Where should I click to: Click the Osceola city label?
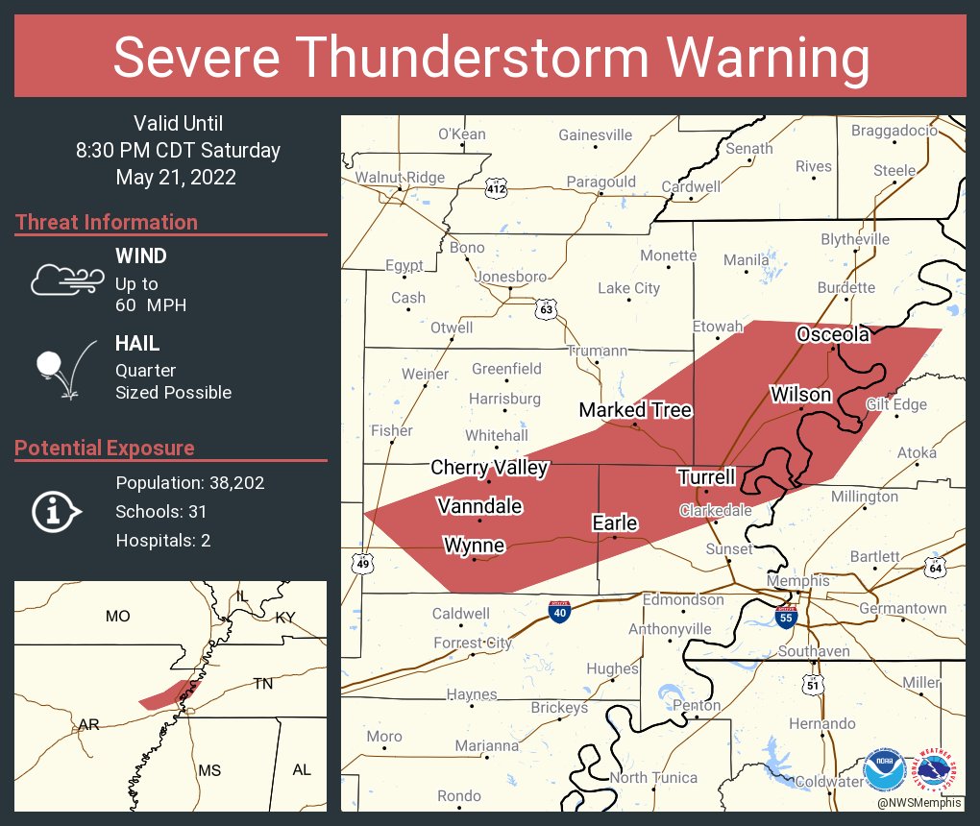(x=833, y=334)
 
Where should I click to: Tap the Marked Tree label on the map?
(x=635, y=410)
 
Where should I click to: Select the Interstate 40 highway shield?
(x=558, y=612)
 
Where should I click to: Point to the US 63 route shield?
(x=546, y=309)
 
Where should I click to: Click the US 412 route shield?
(x=496, y=189)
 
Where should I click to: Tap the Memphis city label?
(x=797, y=581)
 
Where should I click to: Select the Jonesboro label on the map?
(x=511, y=277)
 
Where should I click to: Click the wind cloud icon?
(x=65, y=279)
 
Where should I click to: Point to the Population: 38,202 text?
(x=189, y=483)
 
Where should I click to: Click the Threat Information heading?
(x=107, y=223)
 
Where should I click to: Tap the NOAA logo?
(x=884, y=770)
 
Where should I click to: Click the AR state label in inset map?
(x=89, y=725)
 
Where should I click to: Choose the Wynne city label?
(x=474, y=546)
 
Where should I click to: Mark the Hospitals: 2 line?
(x=162, y=541)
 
